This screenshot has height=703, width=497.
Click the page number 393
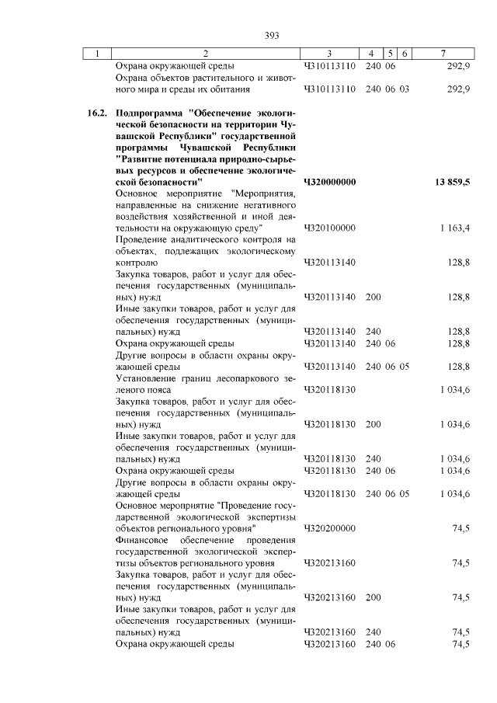pyautogui.click(x=271, y=36)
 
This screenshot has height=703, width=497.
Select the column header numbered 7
pyautogui.click(x=442, y=54)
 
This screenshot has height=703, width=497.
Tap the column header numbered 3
pyautogui.click(x=329, y=54)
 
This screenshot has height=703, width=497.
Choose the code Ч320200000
pyautogui.click(x=329, y=527)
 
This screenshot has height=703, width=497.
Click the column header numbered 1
pyautogui.click(x=96, y=54)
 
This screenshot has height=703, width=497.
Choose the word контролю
pyautogui.click(x=135, y=263)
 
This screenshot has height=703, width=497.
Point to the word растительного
pyautogui.click(x=217, y=78)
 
